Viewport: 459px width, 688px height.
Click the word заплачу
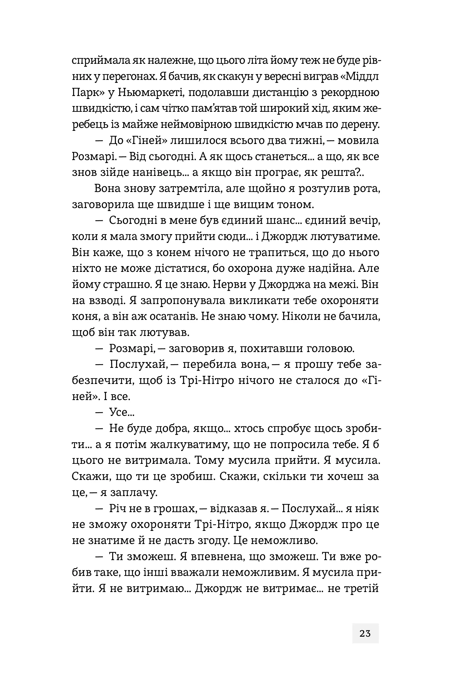tap(134, 492)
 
